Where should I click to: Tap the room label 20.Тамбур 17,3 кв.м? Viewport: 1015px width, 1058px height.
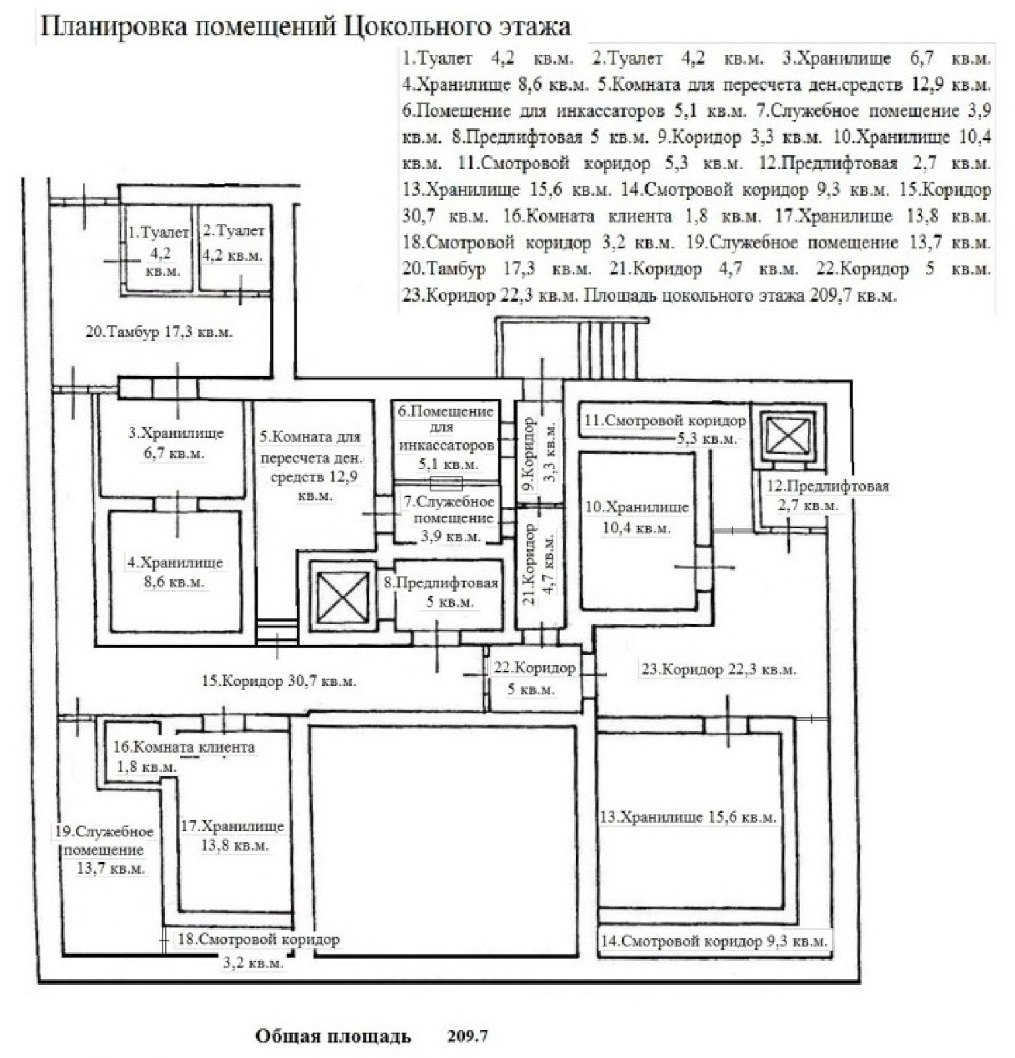(159, 332)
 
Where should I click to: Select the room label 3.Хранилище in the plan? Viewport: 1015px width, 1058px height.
(176, 434)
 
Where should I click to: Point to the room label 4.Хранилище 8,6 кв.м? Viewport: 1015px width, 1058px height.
(175, 573)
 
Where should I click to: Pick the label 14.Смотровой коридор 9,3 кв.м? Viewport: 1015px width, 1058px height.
(714, 940)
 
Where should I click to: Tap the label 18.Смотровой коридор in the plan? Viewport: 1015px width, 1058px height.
(258, 939)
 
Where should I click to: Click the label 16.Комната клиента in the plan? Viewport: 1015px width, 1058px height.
(184, 747)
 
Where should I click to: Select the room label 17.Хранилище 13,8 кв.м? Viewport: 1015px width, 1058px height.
(233, 836)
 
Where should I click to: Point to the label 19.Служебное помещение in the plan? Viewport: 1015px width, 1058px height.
(104, 840)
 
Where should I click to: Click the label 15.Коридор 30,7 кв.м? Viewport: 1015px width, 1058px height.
(279, 681)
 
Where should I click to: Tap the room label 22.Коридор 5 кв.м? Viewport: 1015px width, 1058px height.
(534, 678)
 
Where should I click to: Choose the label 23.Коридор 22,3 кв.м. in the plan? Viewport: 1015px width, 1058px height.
(718, 669)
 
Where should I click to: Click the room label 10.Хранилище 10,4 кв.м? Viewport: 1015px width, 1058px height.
(637, 518)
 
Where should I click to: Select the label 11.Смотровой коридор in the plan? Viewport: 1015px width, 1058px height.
(665, 420)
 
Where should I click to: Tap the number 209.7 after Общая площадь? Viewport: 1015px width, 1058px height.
(467, 1036)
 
